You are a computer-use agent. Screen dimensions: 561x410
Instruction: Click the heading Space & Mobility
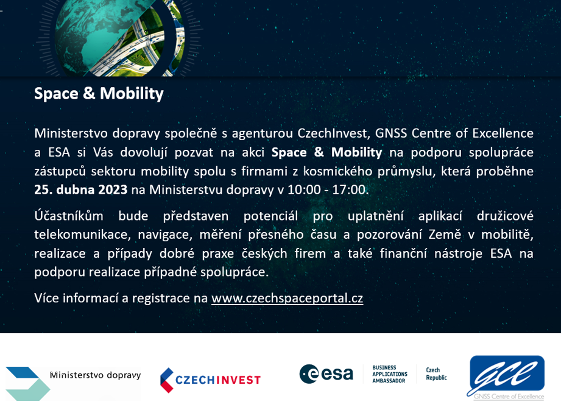coord(99,94)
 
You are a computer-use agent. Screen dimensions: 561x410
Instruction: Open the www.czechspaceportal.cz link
coord(288,298)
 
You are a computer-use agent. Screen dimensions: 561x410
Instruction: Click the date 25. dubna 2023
coord(81,189)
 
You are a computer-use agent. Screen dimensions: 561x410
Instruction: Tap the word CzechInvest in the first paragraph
coord(333,133)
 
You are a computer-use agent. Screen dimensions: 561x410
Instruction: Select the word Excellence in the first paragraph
coord(503,133)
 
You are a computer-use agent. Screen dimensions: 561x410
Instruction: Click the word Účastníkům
coord(69,216)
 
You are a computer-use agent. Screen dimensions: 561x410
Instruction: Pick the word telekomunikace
coord(82,235)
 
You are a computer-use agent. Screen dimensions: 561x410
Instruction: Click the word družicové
coord(505,216)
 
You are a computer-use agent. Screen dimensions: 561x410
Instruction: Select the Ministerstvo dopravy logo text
coord(95,375)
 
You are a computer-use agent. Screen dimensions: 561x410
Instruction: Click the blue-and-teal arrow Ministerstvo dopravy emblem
coord(27,384)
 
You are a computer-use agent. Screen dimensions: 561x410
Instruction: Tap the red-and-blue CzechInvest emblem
coord(166,380)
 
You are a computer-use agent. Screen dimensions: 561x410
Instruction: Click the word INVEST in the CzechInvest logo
coord(239,380)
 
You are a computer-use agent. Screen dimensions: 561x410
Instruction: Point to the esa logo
coord(326,374)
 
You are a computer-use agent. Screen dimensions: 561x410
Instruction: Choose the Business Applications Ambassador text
coord(389,374)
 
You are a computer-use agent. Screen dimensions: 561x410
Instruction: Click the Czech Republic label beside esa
coord(436,374)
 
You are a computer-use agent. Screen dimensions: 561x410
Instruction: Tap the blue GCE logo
coord(506,378)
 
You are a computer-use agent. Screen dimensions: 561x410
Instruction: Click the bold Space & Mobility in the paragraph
coord(326,152)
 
